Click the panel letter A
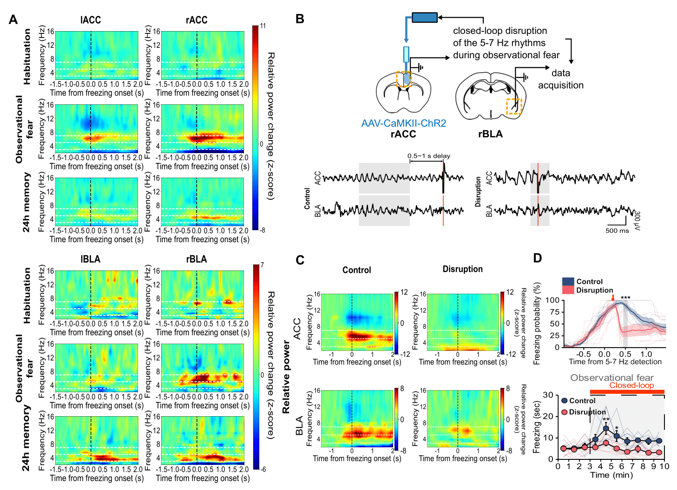[13, 19]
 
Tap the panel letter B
[300, 19]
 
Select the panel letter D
[537, 258]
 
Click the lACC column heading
[90, 20]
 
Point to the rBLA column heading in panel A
[196, 259]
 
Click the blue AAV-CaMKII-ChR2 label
[403, 123]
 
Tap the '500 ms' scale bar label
[617, 231]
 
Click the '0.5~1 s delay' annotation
[428, 156]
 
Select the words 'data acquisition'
[560, 79]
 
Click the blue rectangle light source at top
[424, 18]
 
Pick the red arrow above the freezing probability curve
[613, 298]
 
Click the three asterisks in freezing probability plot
[625, 298]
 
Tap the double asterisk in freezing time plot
[606, 420]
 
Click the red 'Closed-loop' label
[631, 385]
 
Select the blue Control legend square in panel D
[568, 282]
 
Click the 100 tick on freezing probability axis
[552, 300]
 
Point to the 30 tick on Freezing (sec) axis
[548, 395]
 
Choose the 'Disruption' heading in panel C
[462, 269]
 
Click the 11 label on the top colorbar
[263, 26]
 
